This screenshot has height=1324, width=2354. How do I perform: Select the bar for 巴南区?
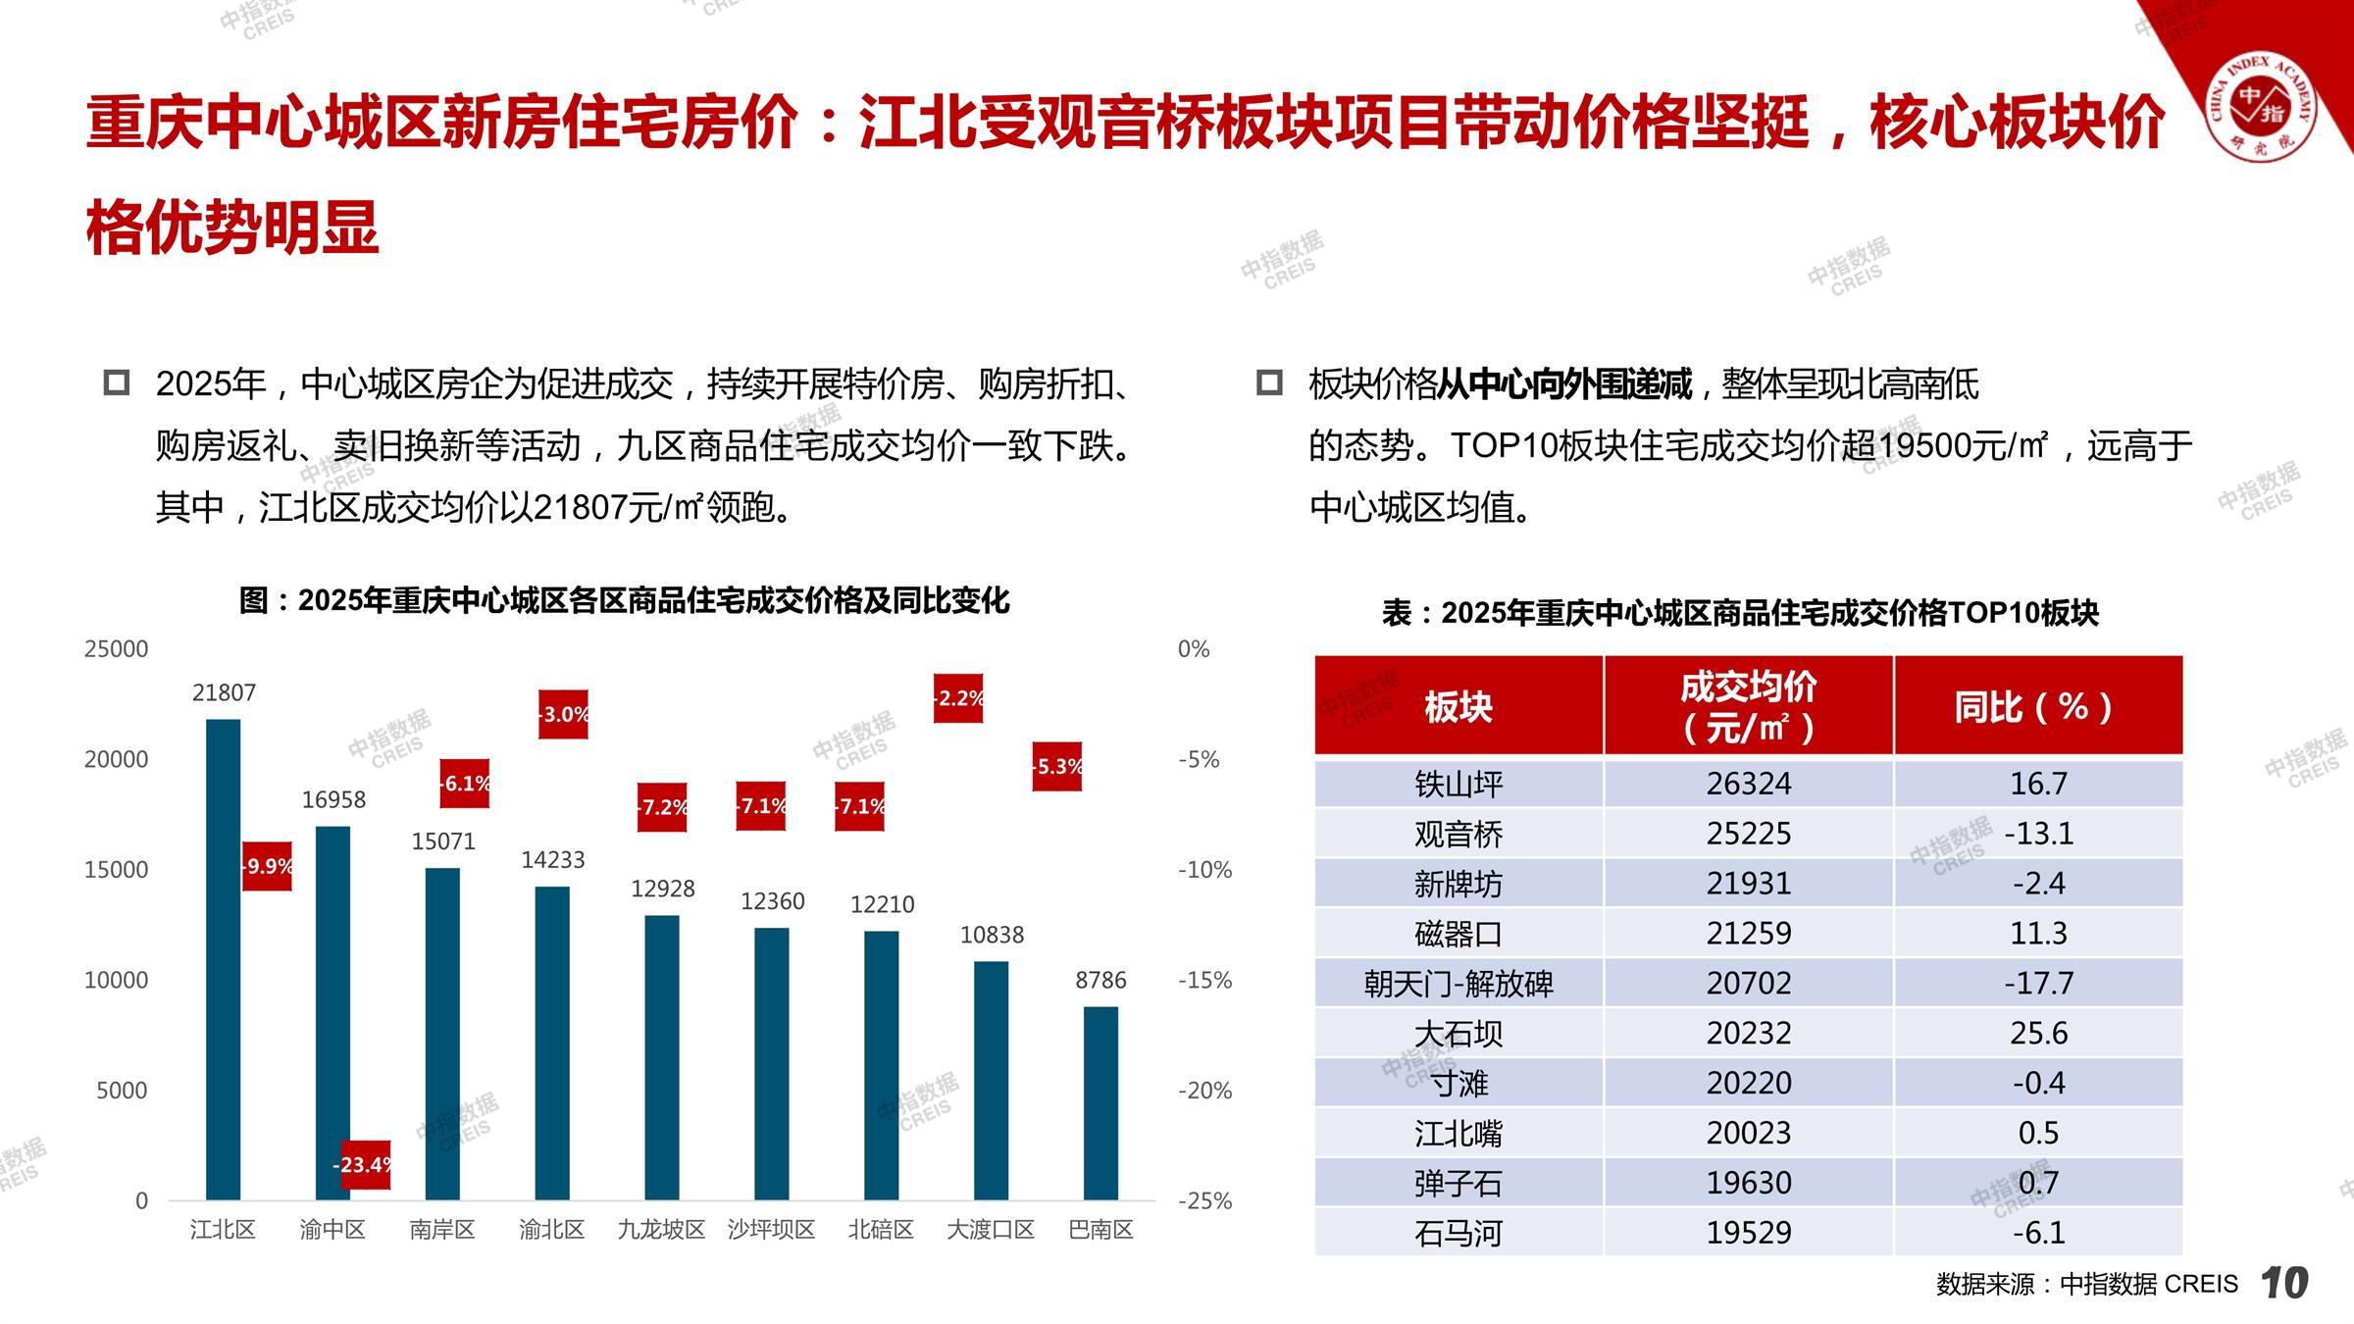point(1100,1102)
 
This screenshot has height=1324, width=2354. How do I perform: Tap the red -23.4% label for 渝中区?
point(365,1164)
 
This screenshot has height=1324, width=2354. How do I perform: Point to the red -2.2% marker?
point(958,698)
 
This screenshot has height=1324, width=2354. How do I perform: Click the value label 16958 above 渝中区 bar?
point(333,799)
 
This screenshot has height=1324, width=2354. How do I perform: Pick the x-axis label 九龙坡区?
point(661,1229)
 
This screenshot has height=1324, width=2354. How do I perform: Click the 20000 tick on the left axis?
point(116,759)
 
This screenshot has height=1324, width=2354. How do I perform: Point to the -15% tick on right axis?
point(1204,980)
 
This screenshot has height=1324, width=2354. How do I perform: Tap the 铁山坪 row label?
point(1458,784)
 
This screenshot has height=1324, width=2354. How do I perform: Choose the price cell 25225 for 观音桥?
point(1748,834)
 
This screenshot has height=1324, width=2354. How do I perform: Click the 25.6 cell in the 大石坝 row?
point(2038,1033)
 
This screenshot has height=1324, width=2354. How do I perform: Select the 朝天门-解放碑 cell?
point(1458,983)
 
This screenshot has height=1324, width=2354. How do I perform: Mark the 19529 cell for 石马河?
point(1748,1232)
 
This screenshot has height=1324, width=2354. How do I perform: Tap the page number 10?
point(2284,1283)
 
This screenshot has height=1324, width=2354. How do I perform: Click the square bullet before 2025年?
point(117,382)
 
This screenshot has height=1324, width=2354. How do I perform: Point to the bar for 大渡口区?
point(991,1080)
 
